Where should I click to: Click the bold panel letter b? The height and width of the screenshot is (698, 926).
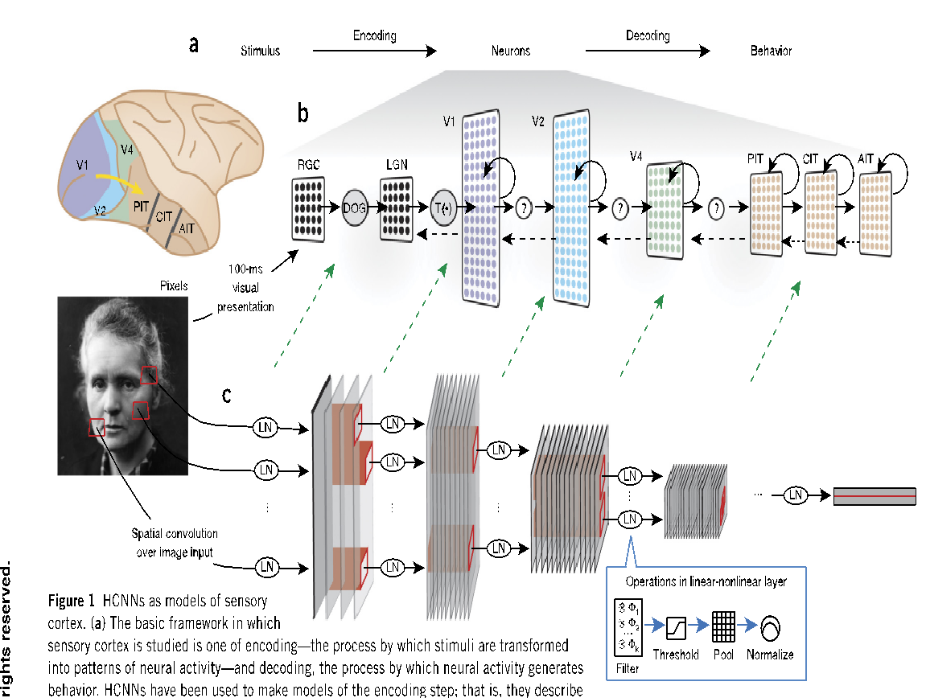point(303,114)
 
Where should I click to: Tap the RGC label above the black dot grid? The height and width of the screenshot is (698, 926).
point(309,165)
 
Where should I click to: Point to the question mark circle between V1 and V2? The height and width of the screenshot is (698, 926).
point(525,207)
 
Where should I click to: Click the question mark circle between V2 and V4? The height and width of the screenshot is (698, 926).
point(619,208)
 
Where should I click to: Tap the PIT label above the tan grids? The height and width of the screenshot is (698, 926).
point(755,159)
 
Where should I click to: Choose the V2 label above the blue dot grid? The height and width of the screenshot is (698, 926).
point(538,121)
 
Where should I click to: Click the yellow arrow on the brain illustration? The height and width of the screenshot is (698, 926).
point(121,181)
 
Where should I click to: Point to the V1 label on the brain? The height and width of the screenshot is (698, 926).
point(83,165)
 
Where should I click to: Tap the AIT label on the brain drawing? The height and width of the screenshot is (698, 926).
point(186,229)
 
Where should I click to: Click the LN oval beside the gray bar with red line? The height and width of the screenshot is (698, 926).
point(796,496)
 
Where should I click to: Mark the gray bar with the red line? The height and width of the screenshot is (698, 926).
point(875,496)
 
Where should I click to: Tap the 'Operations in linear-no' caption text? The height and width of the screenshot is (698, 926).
point(676,581)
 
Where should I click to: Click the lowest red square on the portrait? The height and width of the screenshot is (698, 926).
point(97,427)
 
